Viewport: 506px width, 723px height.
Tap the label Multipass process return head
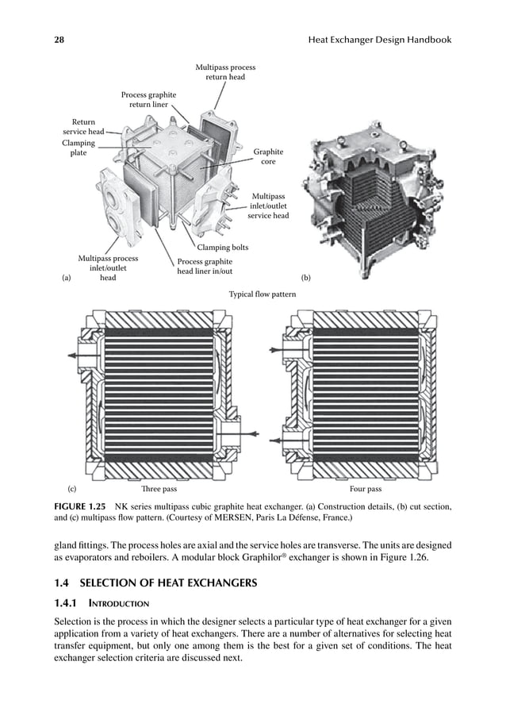(225, 73)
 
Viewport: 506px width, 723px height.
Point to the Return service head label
(79, 127)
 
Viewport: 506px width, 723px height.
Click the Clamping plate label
(79, 148)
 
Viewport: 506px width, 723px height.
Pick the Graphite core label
(268, 156)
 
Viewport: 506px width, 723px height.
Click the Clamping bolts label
(223, 248)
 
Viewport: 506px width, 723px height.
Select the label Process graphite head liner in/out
(205, 267)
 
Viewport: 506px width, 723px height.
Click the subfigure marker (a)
(67, 279)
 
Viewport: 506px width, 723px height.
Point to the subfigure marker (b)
(306, 279)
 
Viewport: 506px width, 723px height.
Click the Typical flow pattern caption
(263, 294)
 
